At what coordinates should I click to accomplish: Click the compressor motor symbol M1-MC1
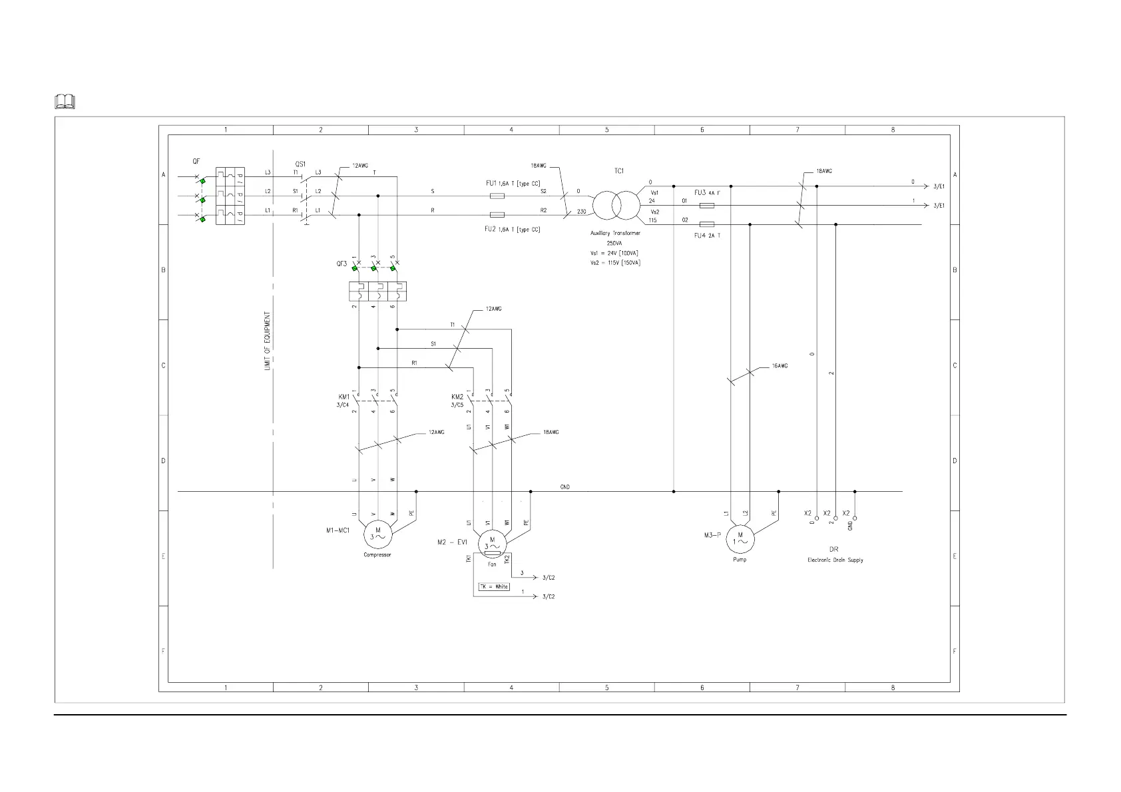tap(378, 534)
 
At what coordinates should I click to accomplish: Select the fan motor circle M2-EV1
tap(493, 543)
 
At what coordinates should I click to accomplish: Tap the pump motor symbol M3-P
tap(740, 538)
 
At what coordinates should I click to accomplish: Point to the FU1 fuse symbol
tap(497, 196)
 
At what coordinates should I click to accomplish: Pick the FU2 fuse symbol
tap(497, 215)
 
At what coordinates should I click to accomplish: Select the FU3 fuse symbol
tap(707, 206)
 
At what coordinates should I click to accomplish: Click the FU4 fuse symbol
tap(707, 224)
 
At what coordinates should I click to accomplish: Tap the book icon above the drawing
tap(65, 102)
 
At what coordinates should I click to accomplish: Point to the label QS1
tap(300, 164)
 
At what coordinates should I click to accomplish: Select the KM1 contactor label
tap(343, 397)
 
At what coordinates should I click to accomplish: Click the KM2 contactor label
tap(457, 397)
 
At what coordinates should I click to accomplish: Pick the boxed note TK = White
tap(494, 587)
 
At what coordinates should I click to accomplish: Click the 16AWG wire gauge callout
tap(780, 366)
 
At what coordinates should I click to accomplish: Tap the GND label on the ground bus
tap(564, 487)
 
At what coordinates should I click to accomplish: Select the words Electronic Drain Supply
tap(835, 560)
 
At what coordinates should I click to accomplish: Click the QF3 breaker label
tap(341, 264)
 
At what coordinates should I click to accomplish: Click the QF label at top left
tap(196, 161)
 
